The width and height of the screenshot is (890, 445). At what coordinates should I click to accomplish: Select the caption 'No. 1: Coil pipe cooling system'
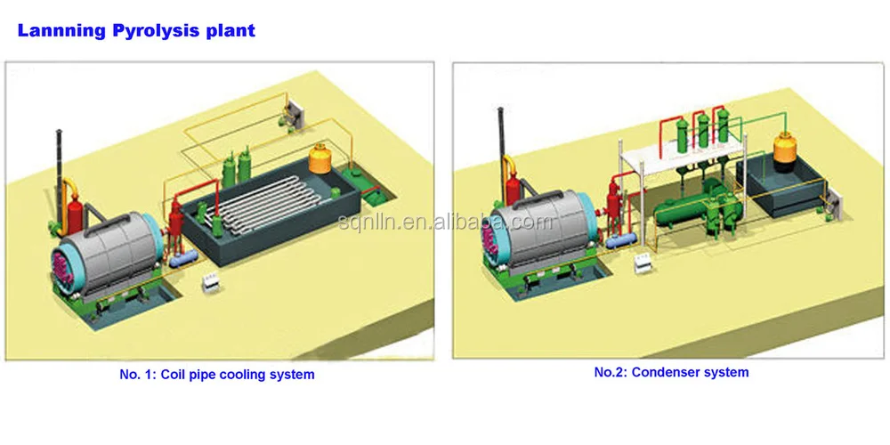click(x=216, y=375)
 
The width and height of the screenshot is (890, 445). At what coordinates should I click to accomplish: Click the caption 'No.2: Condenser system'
click(x=671, y=372)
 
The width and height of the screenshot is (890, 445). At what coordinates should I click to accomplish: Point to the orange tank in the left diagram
click(x=321, y=161)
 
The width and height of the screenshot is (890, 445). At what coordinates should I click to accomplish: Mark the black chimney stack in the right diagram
click(x=500, y=133)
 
